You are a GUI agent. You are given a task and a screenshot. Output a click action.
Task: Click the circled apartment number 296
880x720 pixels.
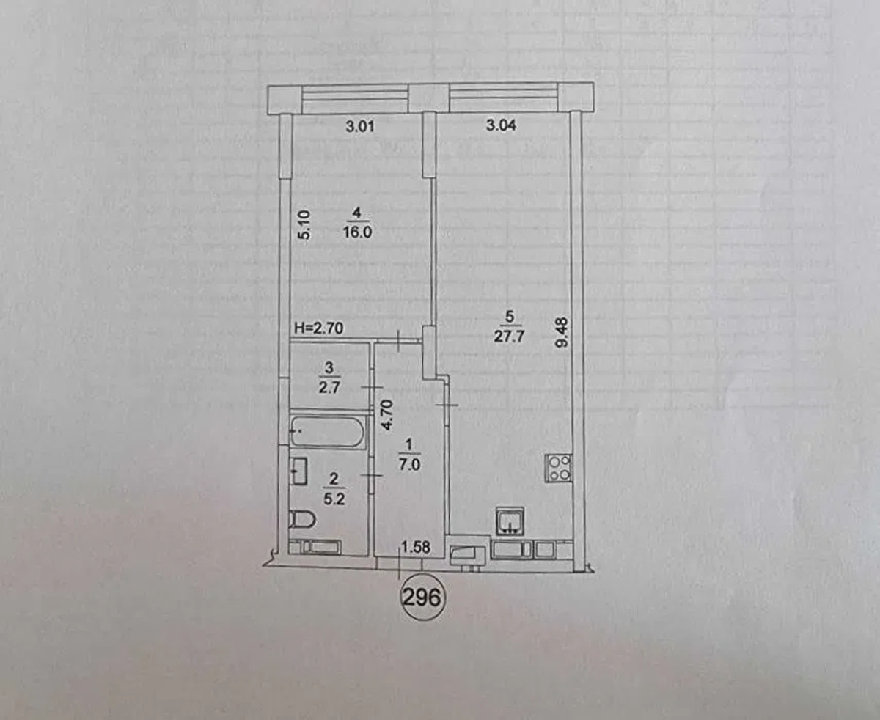tap(421, 598)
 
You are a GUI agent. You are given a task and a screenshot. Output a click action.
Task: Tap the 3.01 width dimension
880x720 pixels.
tap(359, 126)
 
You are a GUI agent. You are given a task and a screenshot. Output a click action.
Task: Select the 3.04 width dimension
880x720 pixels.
tap(501, 125)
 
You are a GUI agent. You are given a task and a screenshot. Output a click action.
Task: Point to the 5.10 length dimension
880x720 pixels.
tap(304, 224)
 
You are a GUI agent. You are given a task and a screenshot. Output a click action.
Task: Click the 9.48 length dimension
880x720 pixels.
tap(562, 332)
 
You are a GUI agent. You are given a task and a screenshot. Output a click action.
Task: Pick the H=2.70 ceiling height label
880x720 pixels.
tap(319, 328)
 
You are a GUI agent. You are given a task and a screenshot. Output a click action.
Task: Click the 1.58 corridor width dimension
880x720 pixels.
tap(415, 547)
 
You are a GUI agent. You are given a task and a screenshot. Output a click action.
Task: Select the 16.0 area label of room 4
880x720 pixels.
tap(357, 232)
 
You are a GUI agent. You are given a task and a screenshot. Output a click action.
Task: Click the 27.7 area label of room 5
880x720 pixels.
tap(509, 336)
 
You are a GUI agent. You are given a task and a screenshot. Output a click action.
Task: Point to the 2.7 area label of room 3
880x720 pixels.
tap(330, 388)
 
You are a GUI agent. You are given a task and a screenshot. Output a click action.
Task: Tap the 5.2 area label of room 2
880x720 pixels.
tap(334, 499)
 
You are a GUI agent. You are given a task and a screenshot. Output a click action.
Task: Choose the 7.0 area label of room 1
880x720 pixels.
tap(409, 464)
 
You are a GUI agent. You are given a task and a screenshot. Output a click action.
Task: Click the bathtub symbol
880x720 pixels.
tap(328, 432)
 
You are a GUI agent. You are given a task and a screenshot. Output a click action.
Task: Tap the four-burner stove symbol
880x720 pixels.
tap(558, 468)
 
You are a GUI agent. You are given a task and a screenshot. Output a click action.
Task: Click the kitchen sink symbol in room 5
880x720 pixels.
tap(510, 521)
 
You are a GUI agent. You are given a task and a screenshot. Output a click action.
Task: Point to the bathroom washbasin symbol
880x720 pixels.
tap(298, 471)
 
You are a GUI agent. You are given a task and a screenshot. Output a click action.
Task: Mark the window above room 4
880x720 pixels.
tap(355, 98)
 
